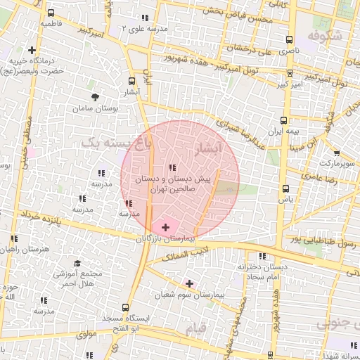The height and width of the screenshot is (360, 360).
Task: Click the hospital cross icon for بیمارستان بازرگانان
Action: point(165,227)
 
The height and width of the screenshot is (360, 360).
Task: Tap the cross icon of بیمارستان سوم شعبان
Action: point(189,283)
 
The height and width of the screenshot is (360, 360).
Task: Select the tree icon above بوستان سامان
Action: point(95,97)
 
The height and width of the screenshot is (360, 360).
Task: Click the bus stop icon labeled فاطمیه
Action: point(51,13)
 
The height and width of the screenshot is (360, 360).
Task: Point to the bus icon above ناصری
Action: point(289,40)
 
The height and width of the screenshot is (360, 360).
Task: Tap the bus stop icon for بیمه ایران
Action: point(283,120)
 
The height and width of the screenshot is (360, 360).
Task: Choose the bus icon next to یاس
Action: point(285,188)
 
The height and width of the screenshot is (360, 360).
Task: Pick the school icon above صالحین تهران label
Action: point(172,167)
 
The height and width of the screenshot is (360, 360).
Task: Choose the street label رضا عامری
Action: point(342,181)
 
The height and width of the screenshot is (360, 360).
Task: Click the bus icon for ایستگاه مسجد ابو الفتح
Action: point(125,307)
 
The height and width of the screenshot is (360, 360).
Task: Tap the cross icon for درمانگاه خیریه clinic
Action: point(32,50)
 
